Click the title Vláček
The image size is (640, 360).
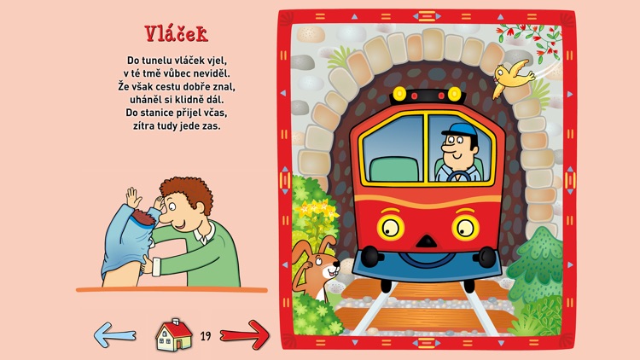coord(177,34)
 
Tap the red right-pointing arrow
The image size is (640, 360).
coord(245,334)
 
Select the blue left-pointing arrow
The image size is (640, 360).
coord(114,334)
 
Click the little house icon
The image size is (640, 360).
coord(174,335)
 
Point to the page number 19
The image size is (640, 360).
coord(206,336)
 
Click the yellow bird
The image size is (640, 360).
coord(512,78)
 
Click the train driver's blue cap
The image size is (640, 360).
coord(460,130)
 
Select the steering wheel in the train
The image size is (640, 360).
coord(458,177)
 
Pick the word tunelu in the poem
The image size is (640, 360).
coord(155,61)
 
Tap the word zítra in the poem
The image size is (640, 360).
coord(144,125)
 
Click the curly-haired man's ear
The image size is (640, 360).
coord(200,208)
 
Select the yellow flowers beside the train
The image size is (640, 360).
coord(317,210)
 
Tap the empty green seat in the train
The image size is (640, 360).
coord(394,170)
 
